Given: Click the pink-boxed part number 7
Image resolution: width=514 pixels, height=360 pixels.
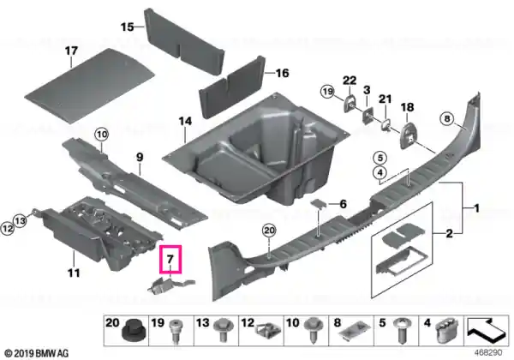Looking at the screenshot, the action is point(170,259).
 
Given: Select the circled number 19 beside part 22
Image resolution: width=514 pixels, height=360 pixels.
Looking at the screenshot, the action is point(327,91).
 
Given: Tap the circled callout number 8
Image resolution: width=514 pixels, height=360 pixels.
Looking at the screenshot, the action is point(447,118).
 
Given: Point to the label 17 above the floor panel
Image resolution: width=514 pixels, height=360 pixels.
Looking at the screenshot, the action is point(71,51).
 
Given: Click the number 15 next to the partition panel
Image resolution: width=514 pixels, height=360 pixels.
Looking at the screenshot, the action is point(127,27).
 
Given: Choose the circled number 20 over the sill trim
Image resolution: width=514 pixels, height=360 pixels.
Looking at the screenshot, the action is point(269,231).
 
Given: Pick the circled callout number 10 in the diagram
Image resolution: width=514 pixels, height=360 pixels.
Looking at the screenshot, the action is point(102,135).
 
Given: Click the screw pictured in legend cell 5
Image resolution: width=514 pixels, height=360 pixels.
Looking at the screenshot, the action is point(402,331).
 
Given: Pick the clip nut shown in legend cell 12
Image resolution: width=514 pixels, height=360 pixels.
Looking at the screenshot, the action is point(268,332).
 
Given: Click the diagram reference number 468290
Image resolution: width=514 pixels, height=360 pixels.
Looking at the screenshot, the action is point(488,353).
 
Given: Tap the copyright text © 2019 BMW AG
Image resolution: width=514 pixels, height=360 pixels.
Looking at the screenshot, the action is point(37,353).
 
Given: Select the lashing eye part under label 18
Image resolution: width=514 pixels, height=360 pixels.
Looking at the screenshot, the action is point(408,135).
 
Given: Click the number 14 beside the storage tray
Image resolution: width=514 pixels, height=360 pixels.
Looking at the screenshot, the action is point(185,122).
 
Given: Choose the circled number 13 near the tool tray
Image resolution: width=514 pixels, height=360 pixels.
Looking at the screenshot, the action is point(21,220).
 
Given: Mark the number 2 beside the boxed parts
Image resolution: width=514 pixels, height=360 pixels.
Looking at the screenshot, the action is point(450,234).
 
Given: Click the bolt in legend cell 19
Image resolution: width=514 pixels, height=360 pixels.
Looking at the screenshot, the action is point(176,331).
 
